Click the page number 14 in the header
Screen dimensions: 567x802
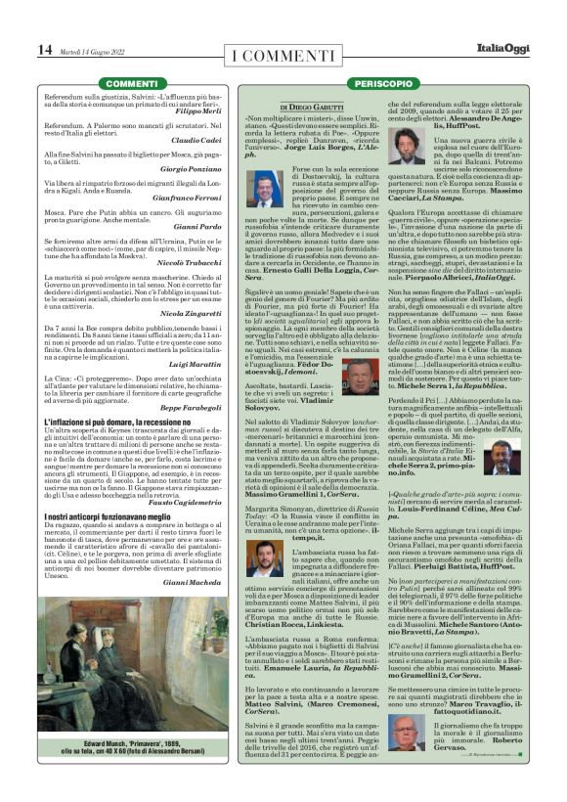tap(45, 50)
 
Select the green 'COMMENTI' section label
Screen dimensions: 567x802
tap(130, 84)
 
